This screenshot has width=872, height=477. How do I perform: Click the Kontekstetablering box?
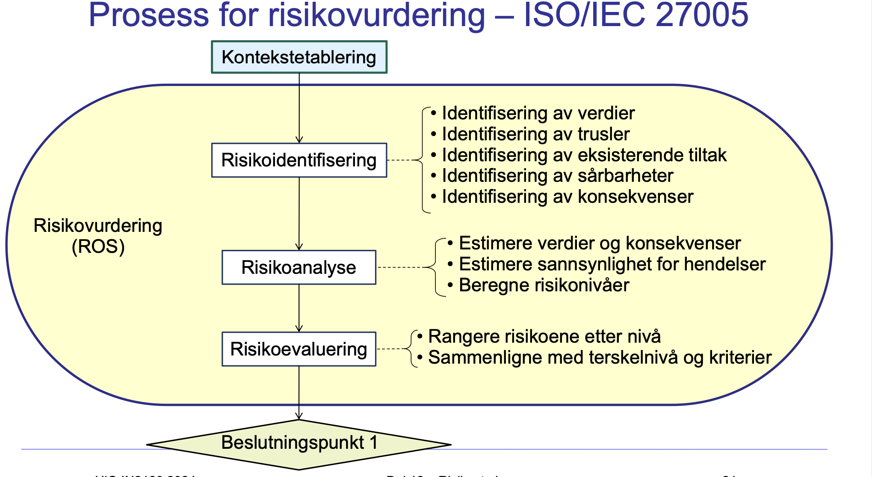(x=299, y=57)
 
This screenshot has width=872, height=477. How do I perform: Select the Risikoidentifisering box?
(x=299, y=160)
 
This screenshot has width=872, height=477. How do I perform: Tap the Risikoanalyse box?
(x=299, y=267)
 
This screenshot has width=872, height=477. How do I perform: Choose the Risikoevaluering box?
(x=299, y=349)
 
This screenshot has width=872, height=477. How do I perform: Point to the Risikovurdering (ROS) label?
(x=98, y=236)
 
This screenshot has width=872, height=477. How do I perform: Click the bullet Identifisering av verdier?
(x=538, y=113)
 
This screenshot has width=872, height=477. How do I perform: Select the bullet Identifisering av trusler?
(x=535, y=134)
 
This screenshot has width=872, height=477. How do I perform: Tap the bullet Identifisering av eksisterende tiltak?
(x=584, y=155)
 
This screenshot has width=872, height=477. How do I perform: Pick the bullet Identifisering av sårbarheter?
(x=557, y=176)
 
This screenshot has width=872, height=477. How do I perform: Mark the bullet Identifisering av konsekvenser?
(x=567, y=197)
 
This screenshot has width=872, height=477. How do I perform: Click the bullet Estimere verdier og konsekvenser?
(x=599, y=243)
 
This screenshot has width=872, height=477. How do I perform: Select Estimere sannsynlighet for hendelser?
(x=612, y=264)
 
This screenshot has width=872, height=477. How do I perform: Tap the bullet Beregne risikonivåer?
(x=544, y=285)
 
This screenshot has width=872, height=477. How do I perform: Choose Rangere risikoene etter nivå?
(x=544, y=337)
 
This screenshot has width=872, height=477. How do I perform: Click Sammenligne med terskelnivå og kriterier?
(x=600, y=358)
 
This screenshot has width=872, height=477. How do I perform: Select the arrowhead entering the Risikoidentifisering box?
(x=299, y=140)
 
